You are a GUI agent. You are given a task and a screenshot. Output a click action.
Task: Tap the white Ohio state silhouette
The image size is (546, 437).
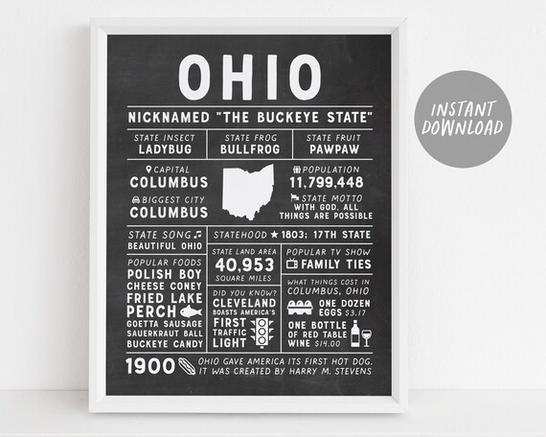pyautogui.click(x=248, y=191)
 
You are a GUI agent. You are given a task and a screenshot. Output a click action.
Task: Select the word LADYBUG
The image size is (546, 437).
pyautogui.click(x=165, y=149)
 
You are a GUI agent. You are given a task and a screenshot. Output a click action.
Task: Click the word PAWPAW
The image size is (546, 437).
pyautogui.click(x=332, y=149)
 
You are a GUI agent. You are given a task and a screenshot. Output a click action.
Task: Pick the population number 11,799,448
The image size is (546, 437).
pyautogui.click(x=327, y=181)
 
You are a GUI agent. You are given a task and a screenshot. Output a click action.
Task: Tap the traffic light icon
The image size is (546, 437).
pyautogui.click(x=260, y=333)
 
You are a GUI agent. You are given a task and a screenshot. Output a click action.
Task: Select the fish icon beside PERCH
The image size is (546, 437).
pyautogui.click(x=193, y=311)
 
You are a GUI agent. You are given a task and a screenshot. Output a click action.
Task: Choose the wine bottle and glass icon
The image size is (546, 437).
pyautogui.click(x=359, y=333)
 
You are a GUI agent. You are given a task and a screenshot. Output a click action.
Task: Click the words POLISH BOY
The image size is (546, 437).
pyautogui.click(x=165, y=272)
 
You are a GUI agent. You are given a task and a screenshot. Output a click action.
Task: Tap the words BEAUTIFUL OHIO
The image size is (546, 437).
pyautogui.click(x=165, y=245)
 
